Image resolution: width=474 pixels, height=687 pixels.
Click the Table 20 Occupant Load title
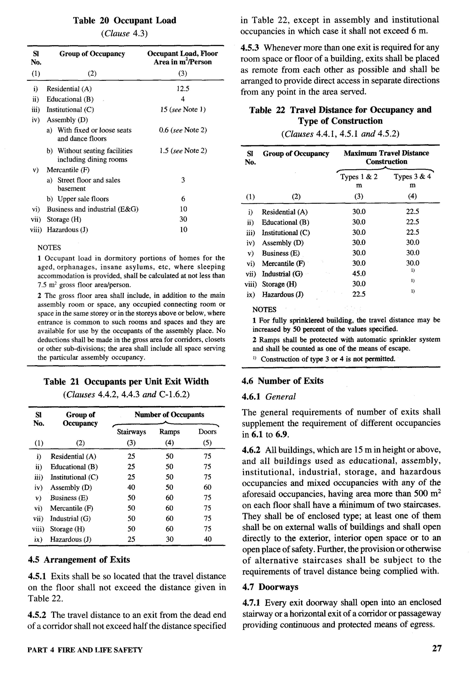(125, 21)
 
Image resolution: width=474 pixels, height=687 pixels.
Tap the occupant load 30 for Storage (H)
(183, 219)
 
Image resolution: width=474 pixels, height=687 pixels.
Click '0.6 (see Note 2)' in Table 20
(183, 130)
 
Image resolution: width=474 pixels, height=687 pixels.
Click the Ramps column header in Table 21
(169, 432)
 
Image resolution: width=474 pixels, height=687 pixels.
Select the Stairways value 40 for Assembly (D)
(131, 487)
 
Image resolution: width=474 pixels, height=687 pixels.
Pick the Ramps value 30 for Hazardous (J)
(170, 539)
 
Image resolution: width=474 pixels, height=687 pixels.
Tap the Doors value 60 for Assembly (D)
(207, 487)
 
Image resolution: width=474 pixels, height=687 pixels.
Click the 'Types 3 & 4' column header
(412, 177)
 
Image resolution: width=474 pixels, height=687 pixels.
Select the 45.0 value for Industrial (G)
(359, 274)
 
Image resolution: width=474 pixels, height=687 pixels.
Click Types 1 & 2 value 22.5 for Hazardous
(359, 294)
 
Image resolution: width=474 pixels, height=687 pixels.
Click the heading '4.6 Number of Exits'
(282, 381)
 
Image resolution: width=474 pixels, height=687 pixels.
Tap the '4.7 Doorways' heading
(270, 587)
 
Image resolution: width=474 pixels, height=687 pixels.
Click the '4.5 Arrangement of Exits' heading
(79, 560)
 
